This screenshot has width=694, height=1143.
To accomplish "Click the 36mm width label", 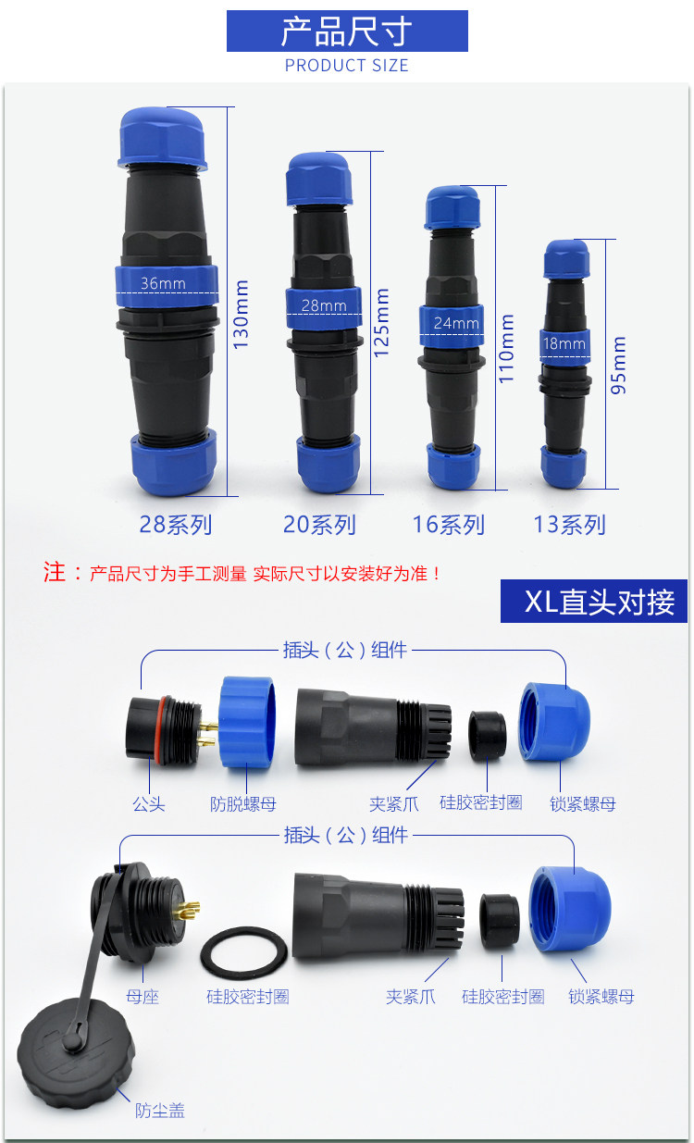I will (x=163, y=283).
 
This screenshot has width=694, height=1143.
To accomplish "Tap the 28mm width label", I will (x=323, y=305).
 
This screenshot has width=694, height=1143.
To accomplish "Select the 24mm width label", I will (x=456, y=324).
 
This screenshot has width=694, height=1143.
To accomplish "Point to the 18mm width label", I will (x=564, y=344).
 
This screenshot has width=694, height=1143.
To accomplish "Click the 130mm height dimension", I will (x=242, y=315).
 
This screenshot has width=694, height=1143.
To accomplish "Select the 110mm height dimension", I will (x=507, y=350).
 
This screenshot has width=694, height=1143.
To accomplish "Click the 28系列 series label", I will (x=176, y=525).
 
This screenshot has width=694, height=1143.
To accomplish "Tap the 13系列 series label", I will (x=569, y=525).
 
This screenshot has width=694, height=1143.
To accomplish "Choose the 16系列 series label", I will (x=449, y=525).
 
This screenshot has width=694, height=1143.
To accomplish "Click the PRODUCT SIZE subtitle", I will (x=346, y=66).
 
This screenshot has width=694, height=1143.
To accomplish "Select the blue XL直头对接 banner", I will (x=593, y=602).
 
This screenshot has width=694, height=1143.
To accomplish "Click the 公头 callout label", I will (x=148, y=804).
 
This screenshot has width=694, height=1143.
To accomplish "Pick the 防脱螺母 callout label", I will (x=243, y=804).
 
